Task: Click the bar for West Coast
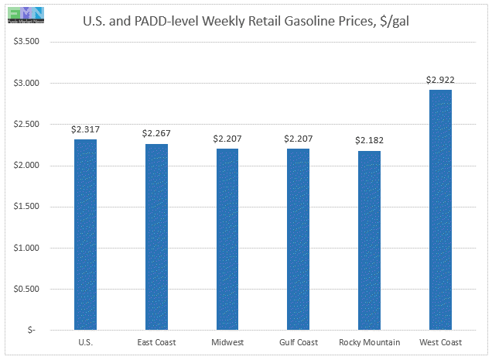point(439,210)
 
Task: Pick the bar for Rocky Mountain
point(368,240)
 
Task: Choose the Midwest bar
point(227,239)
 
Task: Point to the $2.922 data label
point(439,80)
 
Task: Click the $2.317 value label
point(85,130)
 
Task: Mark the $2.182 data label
point(368,141)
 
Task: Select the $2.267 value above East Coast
point(155,134)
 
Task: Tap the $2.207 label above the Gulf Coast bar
point(298,139)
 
